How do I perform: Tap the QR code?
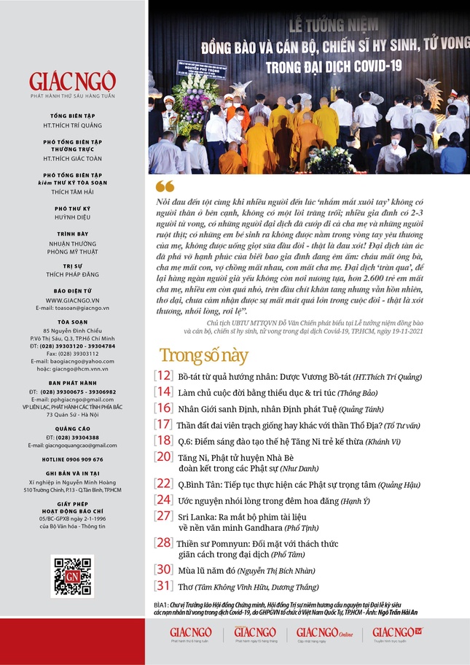tap(73, 575)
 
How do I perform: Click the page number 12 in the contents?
tap(163, 376)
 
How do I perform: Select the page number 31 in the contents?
tap(163, 586)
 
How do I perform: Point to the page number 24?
tap(163, 499)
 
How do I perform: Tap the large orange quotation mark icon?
tap(165, 186)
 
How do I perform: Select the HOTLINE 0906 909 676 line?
tap(73, 459)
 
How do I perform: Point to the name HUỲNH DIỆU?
tap(73, 217)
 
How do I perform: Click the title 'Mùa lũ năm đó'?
tap(207, 569)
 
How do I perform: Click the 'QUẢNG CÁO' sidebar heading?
tap(73, 429)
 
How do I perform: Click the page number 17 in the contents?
tap(163, 424)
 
